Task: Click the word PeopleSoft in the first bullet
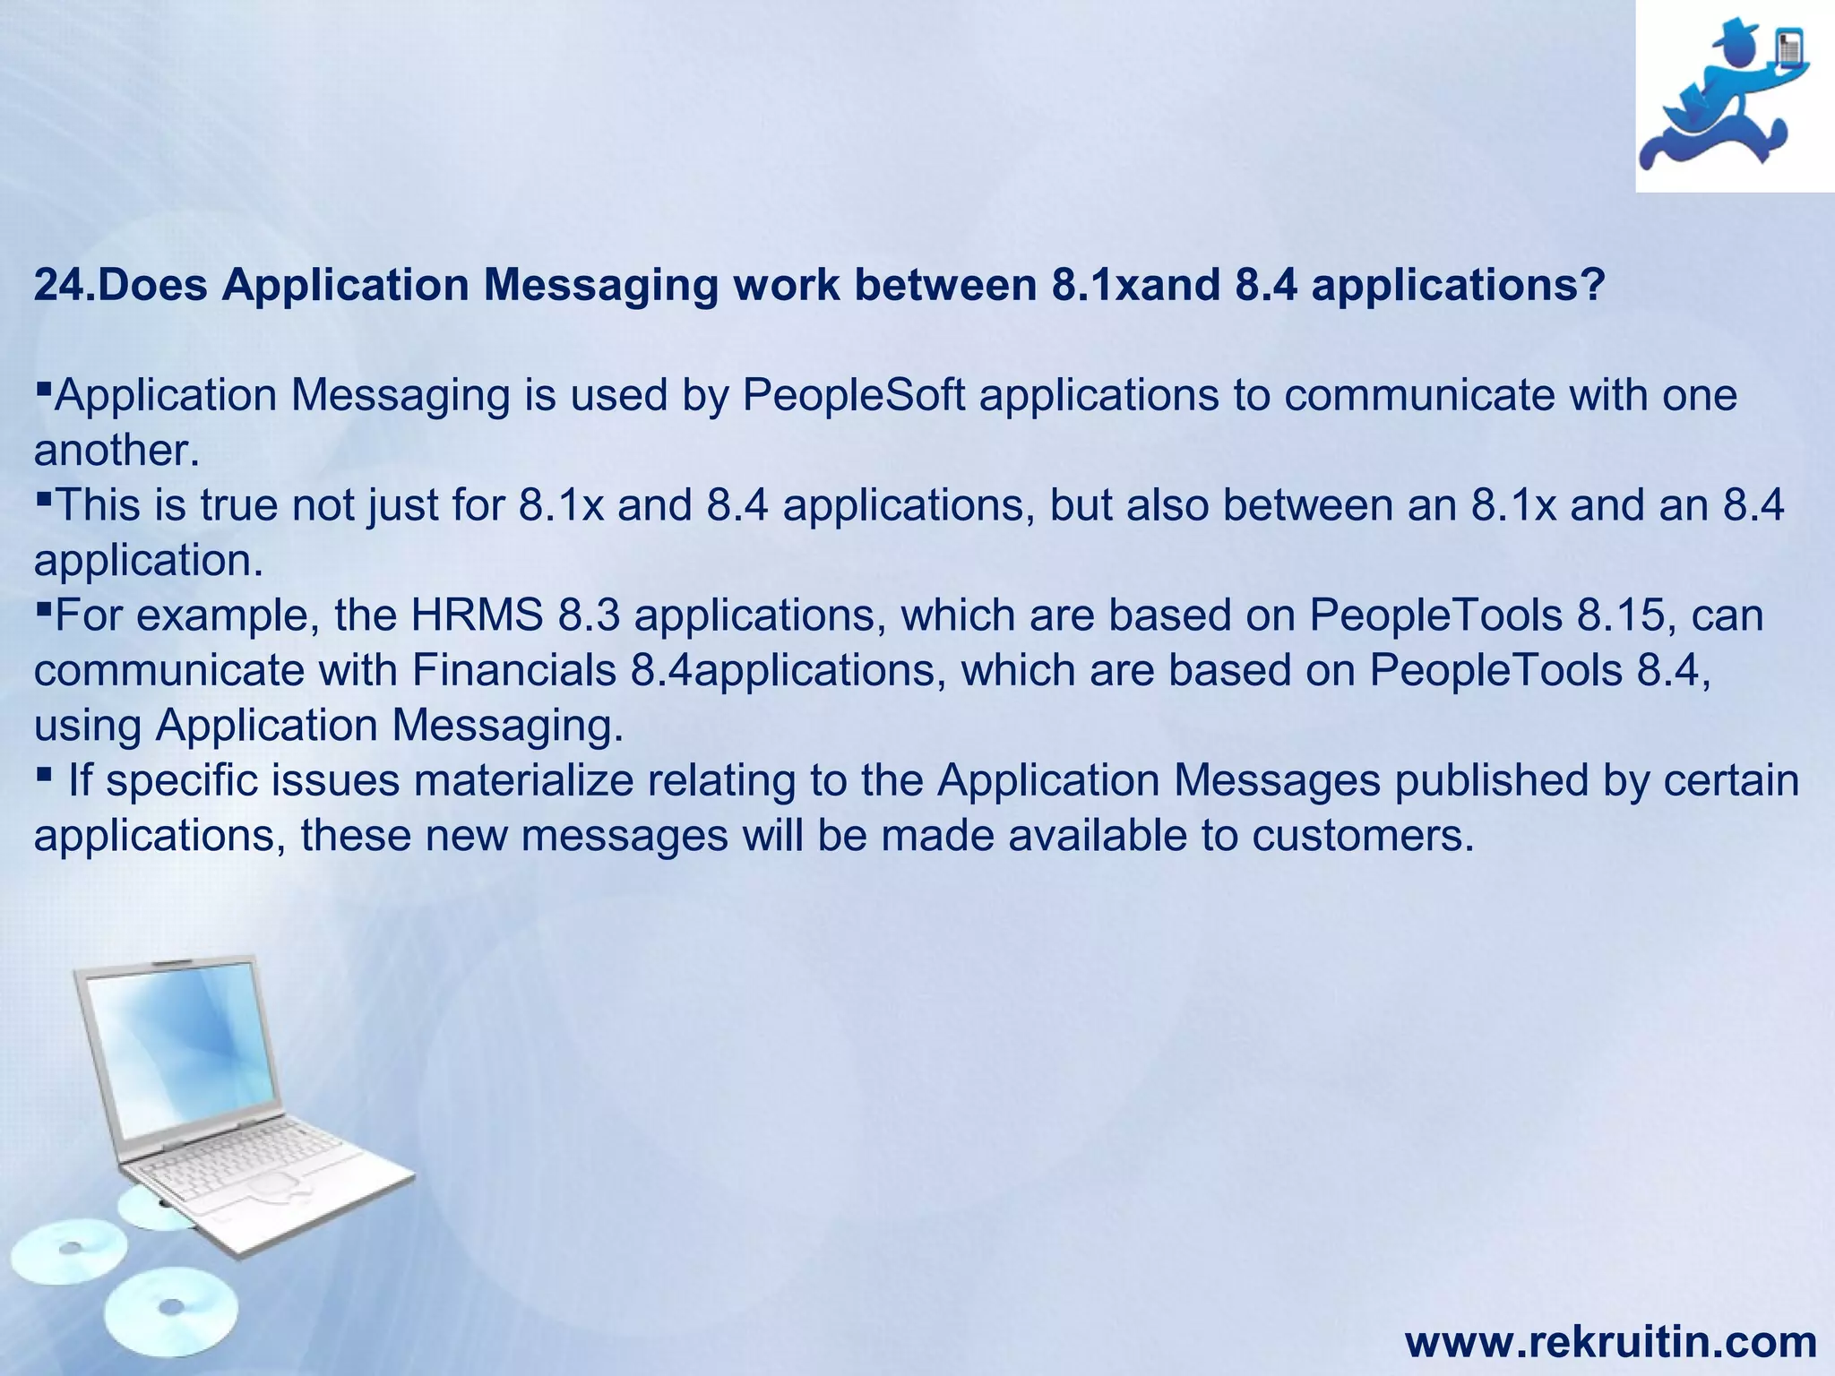click(854, 396)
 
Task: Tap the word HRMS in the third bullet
click(477, 615)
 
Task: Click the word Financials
click(514, 671)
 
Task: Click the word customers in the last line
click(1362, 836)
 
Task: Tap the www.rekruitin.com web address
click(1610, 1342)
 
